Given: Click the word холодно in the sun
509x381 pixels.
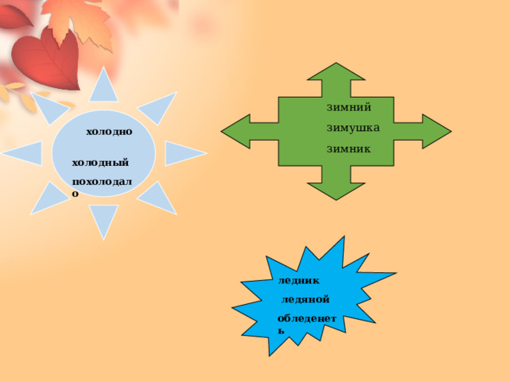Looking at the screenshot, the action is [x=109, y=132].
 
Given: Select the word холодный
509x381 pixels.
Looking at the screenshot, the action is [x=100, y=162].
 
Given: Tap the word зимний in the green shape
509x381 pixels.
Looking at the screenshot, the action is [x=348, y=107].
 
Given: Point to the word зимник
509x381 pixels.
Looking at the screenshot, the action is [x=348, y=149].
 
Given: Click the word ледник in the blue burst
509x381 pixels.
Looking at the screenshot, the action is [x=299, y=281].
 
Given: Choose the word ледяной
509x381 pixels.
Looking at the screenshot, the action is [x=305, y=300].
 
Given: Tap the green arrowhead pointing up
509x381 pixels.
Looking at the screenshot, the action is [x=336, y=72].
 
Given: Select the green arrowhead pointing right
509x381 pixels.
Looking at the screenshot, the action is [x=437, y=132].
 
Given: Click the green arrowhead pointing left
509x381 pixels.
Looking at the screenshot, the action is [x=235, y=132].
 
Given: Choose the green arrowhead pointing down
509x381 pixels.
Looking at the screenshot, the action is [x=336, y=191].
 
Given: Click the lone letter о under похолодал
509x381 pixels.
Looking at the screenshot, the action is [x=75, y=194].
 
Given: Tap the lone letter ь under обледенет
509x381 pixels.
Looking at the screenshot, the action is [x=281, y=331].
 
